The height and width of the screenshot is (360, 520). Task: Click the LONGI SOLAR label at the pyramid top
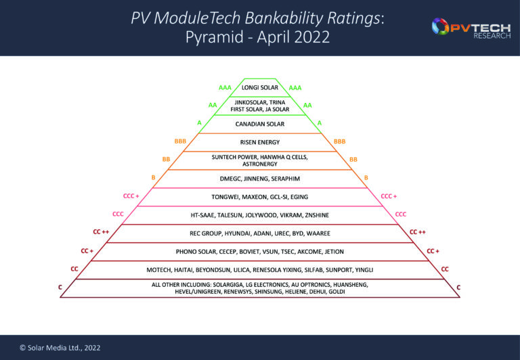[259, 88]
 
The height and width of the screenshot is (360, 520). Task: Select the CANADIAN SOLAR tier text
[259, 125]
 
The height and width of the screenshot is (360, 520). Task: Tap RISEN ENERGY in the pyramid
[259, 143]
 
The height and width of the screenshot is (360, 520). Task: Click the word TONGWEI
[225, 197]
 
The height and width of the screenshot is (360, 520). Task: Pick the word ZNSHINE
[315, 215]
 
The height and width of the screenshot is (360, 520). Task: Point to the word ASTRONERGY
[259, 164]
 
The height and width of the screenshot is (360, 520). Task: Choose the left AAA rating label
[225, 88]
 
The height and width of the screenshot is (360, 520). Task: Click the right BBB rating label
[339, 141]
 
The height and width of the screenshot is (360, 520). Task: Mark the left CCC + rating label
[131, 196]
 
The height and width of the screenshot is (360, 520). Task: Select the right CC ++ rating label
[418, 232]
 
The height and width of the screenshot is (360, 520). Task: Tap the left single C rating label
[62, 288]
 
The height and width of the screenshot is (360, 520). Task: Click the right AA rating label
[307, 106]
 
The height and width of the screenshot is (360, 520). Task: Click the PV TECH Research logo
[471, 28]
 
